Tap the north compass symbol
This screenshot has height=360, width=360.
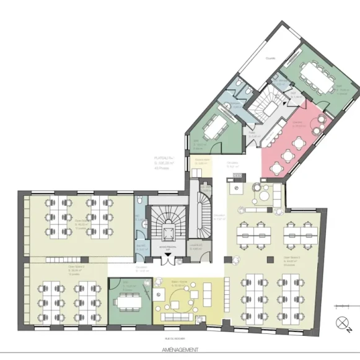pos(341,322)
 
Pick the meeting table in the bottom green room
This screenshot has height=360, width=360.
pos(130,302)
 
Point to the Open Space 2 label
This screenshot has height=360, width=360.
pos(59,271)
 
